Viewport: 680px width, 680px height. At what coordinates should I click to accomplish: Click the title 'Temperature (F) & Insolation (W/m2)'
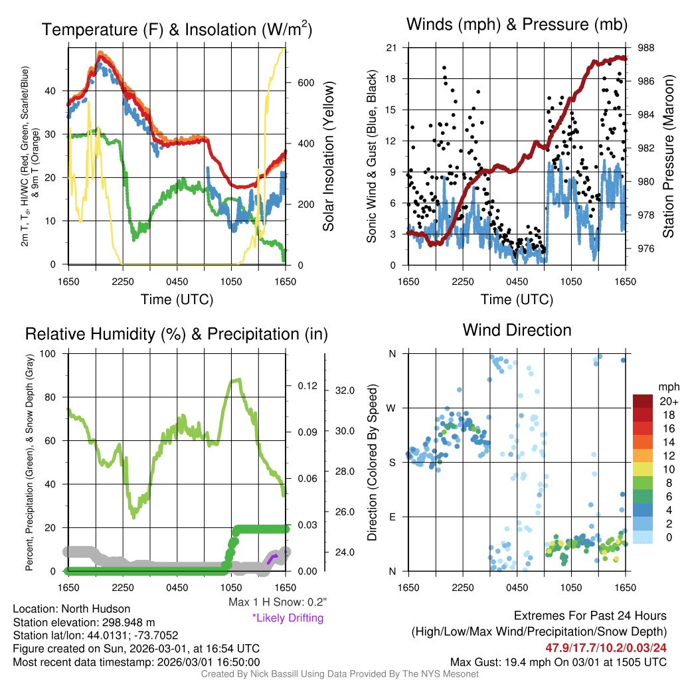[177, 30]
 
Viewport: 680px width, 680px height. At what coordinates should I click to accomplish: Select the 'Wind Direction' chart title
[517, 330]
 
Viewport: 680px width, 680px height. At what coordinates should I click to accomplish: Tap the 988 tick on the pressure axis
[645, 48]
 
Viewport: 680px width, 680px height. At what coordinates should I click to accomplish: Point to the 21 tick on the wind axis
[392, 47]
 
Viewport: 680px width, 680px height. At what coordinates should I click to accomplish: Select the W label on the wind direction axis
[392, 408]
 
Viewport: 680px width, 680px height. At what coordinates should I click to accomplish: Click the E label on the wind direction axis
[392, 517]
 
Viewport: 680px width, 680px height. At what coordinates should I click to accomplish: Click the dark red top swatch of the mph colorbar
[643, 402]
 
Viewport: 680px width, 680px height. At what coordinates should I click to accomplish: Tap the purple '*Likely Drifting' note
[288, 618]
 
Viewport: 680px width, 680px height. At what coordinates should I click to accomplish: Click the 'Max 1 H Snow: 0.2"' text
[277, 602]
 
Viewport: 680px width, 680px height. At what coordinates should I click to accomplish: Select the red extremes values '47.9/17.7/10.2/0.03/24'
[606, 647]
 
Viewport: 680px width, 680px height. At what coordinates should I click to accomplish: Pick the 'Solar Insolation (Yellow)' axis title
[328, 156]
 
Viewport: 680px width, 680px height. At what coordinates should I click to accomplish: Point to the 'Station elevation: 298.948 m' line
[83, 622]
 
